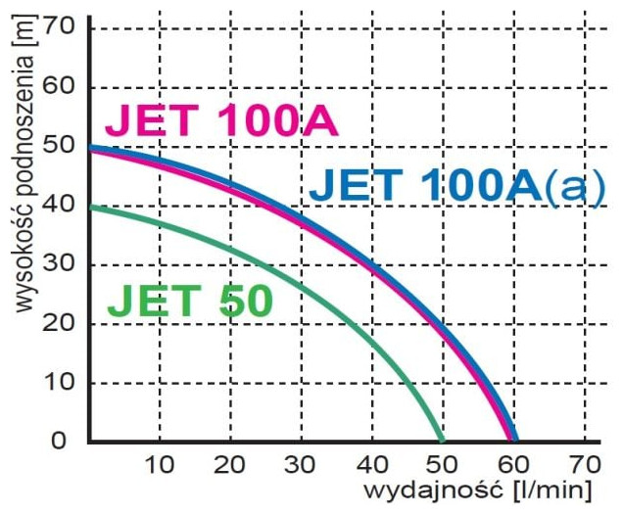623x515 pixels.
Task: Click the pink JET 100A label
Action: click(221, 122)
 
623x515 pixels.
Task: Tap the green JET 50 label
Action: click(189, 302)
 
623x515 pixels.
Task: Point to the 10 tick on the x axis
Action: click(160, 463)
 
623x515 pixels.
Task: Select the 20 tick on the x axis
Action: click(230, 463)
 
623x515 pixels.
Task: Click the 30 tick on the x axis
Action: click(301, 463)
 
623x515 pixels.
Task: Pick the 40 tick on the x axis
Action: click(372, 463)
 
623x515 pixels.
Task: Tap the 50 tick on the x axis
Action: click(443, 463)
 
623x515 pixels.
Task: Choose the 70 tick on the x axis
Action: click(585, 463)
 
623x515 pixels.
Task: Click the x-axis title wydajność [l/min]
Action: click(479, 489)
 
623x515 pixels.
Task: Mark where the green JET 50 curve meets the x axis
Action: click(442, 441)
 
